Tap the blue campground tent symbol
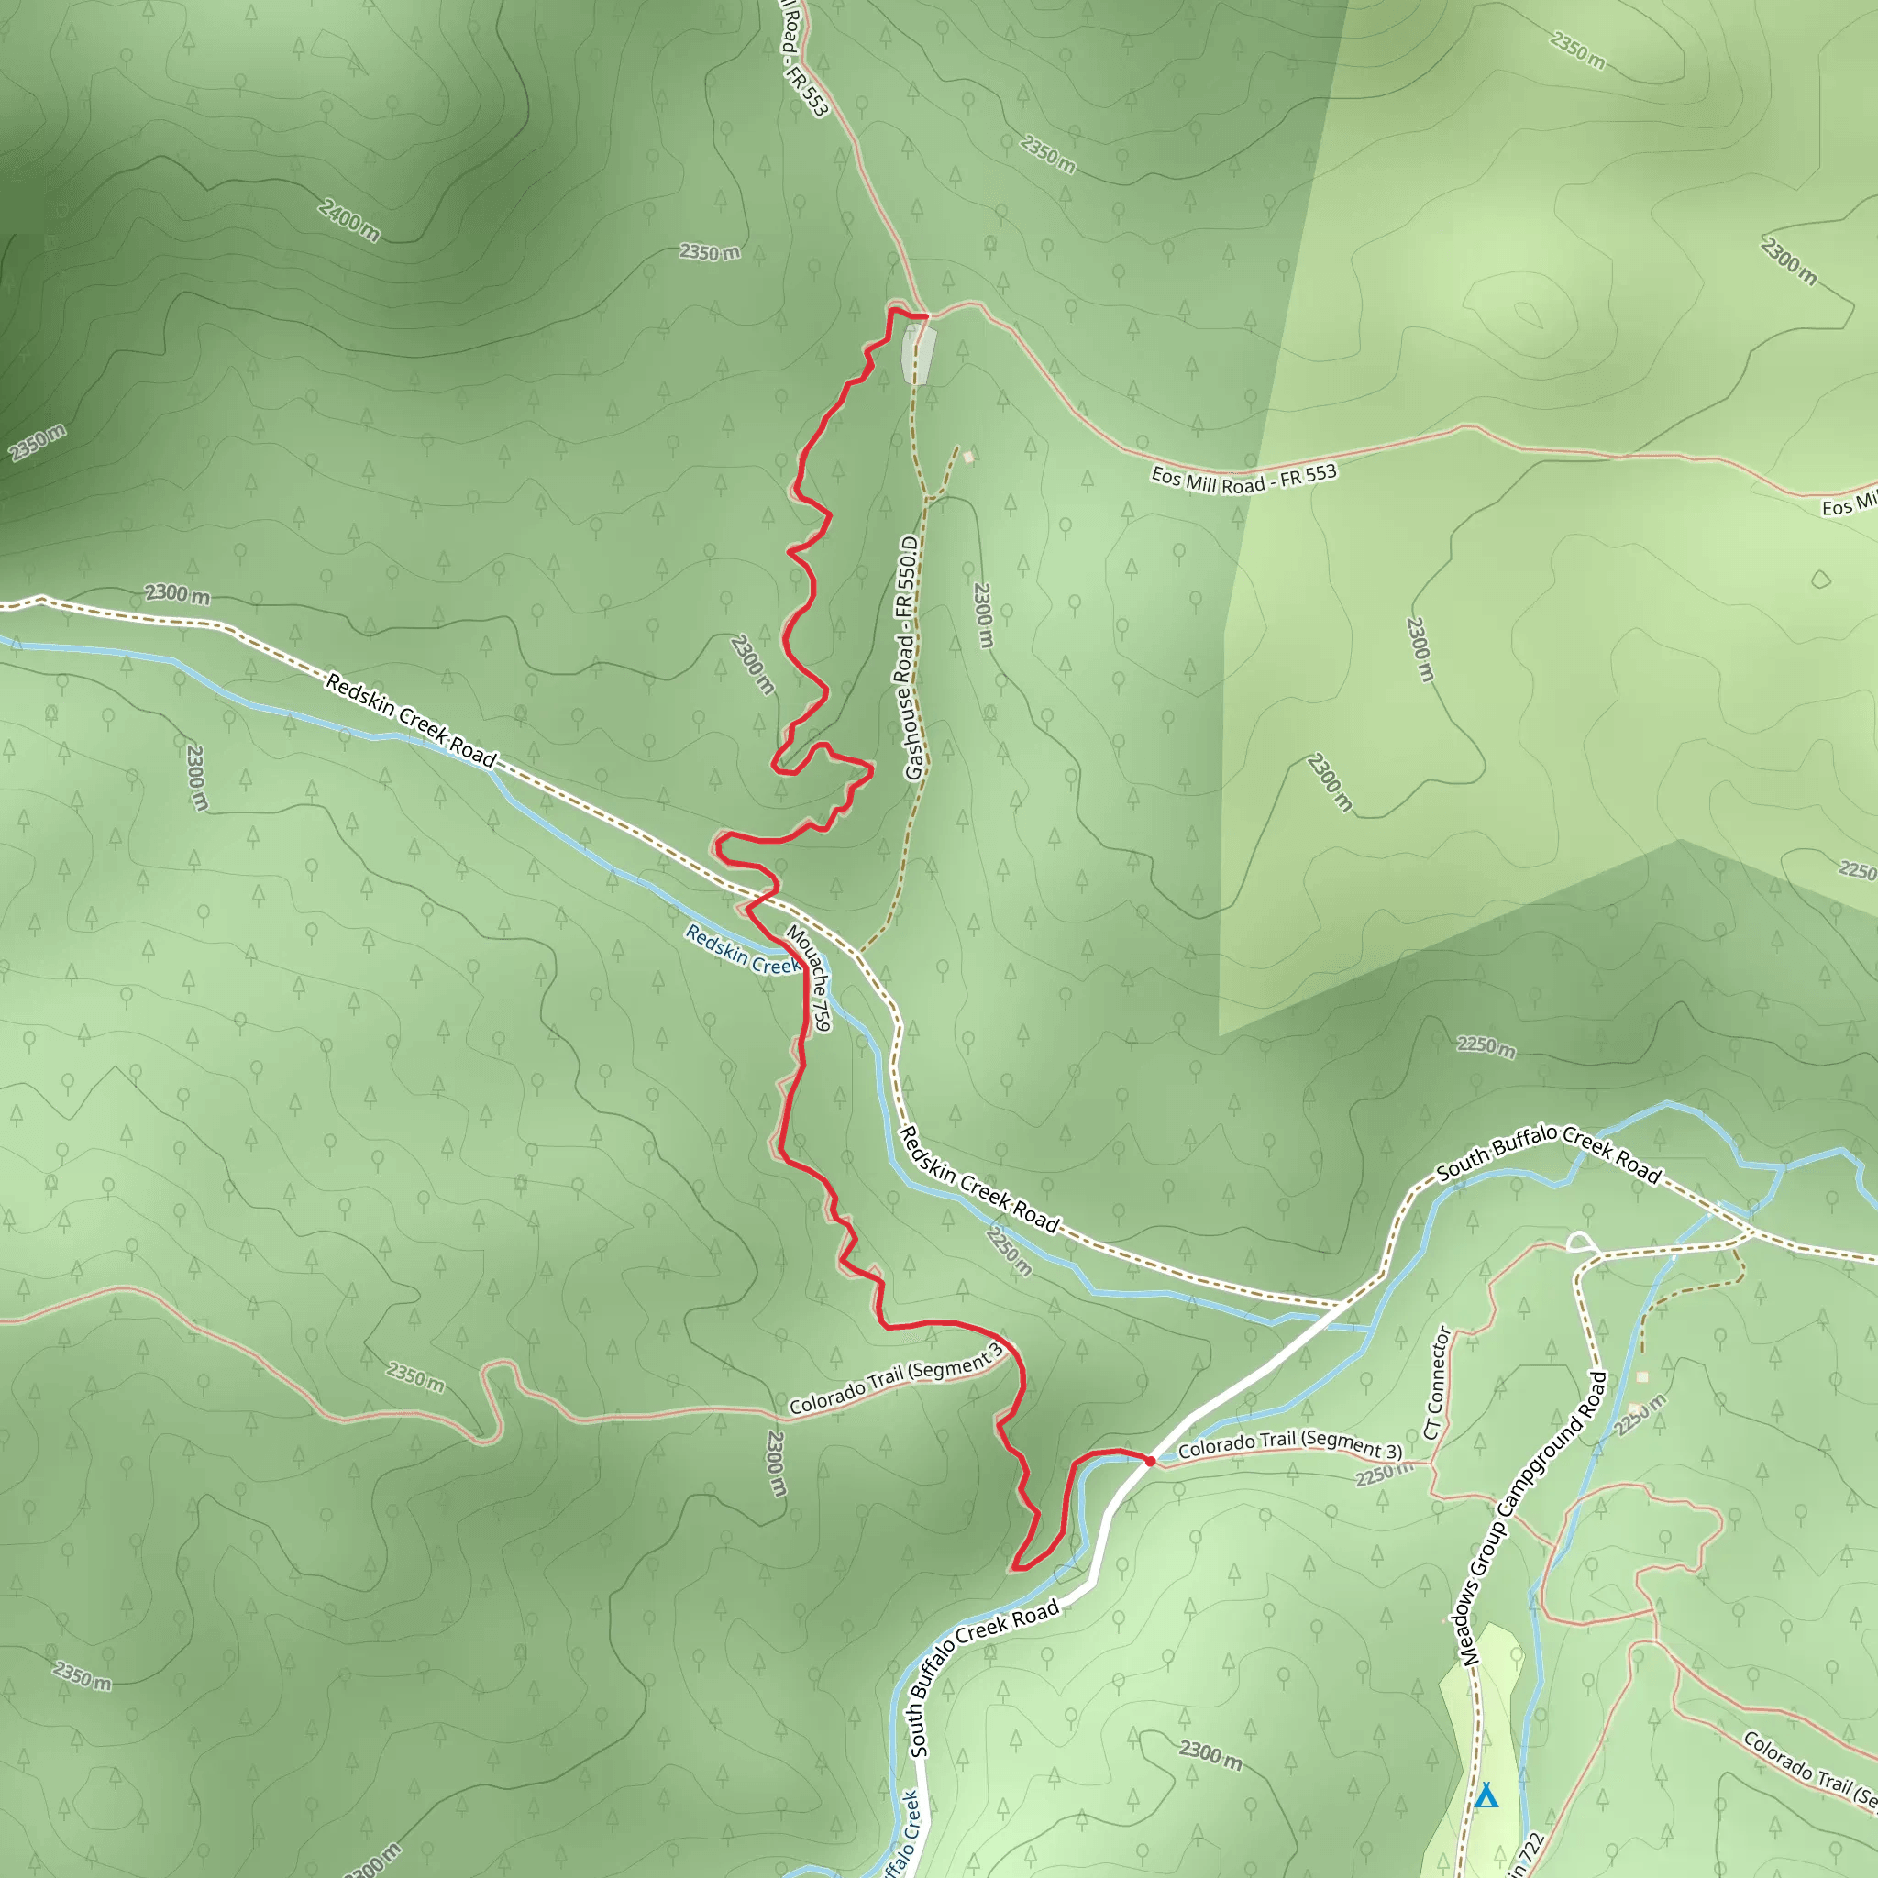(1486, 1796)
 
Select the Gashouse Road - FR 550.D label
(909, 657)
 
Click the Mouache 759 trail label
(809, 977)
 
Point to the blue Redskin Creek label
(743, 949)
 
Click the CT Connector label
(1437, 1382)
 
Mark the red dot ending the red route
(1150, 1460)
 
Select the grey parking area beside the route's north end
(919, 355)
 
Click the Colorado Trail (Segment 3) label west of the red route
(895, 1378)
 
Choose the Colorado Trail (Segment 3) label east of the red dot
(1290, 1444)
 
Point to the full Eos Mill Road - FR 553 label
(1243, 479)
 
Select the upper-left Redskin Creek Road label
(411, 720)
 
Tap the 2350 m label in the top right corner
(1576, 50)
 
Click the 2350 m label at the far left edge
(37, 443)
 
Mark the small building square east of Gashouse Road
(968, 457)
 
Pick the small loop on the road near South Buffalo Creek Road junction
(1582, 1242)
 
